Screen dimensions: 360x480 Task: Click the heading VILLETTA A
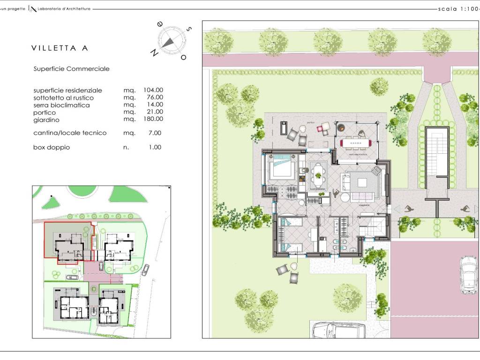[60, 48]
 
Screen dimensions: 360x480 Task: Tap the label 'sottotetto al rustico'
[63, 97]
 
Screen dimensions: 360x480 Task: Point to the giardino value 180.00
[153, 120]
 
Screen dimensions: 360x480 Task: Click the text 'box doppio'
[52, 147]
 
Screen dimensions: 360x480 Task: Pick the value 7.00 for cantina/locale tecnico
[155, 133]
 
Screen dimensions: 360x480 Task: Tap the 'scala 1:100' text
[457, 9]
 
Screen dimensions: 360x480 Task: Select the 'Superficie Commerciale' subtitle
[71, 69]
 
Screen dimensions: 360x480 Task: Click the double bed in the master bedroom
[281, 168]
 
